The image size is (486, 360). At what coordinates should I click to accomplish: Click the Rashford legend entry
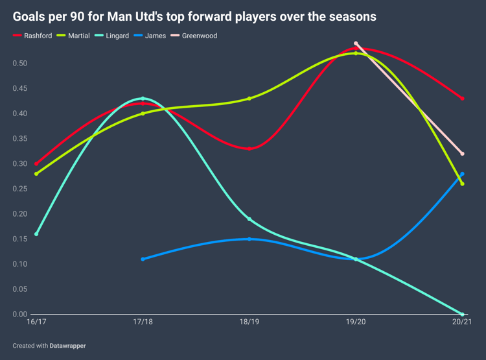[33, 36]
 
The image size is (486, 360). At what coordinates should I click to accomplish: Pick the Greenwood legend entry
[197, 36]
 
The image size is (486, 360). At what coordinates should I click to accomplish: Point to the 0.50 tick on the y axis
[21, 63]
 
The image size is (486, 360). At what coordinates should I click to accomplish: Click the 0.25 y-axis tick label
[21, 189]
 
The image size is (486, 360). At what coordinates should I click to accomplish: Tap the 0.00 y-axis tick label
[21, 315]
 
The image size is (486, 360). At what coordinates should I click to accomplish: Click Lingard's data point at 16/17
[36, 234]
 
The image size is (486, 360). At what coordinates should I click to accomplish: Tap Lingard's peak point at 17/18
[143, 99]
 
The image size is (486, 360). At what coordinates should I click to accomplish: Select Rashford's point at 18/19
[249, 149]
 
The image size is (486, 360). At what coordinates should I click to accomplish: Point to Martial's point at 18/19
[249, 99]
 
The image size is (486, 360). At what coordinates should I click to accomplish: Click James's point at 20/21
[462, 174]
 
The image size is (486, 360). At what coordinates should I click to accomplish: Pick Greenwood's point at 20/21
[462, 154]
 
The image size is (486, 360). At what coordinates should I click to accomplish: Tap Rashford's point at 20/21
[462, 99]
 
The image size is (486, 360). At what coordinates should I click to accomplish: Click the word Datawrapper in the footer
[68, 346]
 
